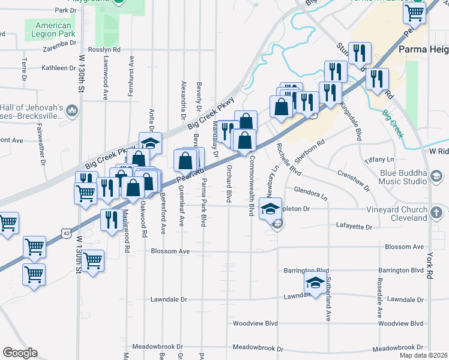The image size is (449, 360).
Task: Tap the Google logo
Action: (20, 353)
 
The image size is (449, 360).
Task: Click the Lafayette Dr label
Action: (354, 227)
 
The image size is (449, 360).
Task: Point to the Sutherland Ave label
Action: (329, 306)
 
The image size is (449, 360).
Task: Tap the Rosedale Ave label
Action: (379, 307)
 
